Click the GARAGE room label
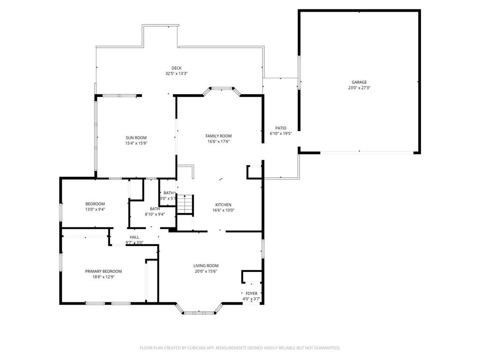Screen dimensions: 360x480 click(x=360, y=82)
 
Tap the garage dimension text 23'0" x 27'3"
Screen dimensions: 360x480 click(x=360, y=88)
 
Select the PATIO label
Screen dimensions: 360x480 click(x=281, y=128)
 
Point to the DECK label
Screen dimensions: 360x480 click(x=176, y=68)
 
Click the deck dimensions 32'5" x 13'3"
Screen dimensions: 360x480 click(x=176, y=74)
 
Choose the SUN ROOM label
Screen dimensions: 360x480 click(x=136, y=138)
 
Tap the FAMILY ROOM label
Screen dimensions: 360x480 click(x=218, y=136)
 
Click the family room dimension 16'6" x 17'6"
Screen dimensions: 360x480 click(x=218, y=142)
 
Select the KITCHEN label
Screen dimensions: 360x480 click(x=223, y=205)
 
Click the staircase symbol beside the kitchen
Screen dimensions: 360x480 click(x=185, y=204)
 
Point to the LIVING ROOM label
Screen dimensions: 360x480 click(x=206, y=265)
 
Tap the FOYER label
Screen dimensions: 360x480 click(x=251, y=293)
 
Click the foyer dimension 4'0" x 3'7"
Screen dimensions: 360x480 click(x=251, y=299)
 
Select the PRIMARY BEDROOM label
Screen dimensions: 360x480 click(x=103, y=271)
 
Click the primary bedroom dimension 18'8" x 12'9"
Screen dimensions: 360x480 click(x=103, y=277)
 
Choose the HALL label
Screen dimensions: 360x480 click(x=135, y=237)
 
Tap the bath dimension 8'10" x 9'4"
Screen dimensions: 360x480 click(x=154, y=214)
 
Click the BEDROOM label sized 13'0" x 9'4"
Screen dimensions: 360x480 click(x=95, y=204)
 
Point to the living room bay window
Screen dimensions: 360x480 click(x=199, y=312)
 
